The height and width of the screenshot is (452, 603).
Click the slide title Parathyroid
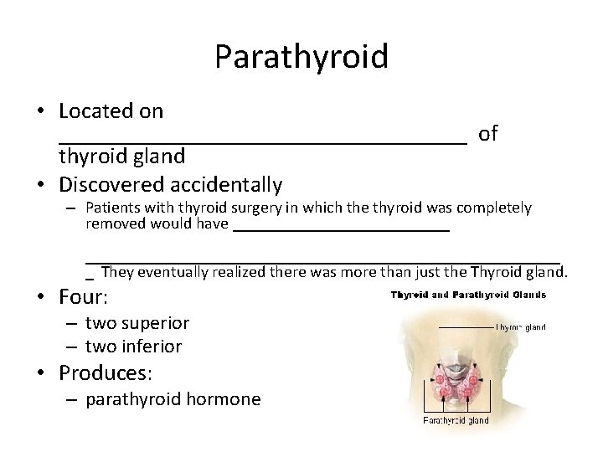coord(301,57)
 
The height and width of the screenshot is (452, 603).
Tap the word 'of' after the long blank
coord(488,133)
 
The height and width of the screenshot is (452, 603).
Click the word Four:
coord(84,297)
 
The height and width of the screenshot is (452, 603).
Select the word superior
coord(156,323)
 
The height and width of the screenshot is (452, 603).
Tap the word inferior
coord(152,346)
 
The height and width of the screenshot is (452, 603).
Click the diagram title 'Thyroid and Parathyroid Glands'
coord(468,295)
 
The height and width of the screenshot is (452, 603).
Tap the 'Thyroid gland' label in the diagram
coord(521,327)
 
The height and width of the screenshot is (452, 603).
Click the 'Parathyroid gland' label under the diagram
coord(456,420)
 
